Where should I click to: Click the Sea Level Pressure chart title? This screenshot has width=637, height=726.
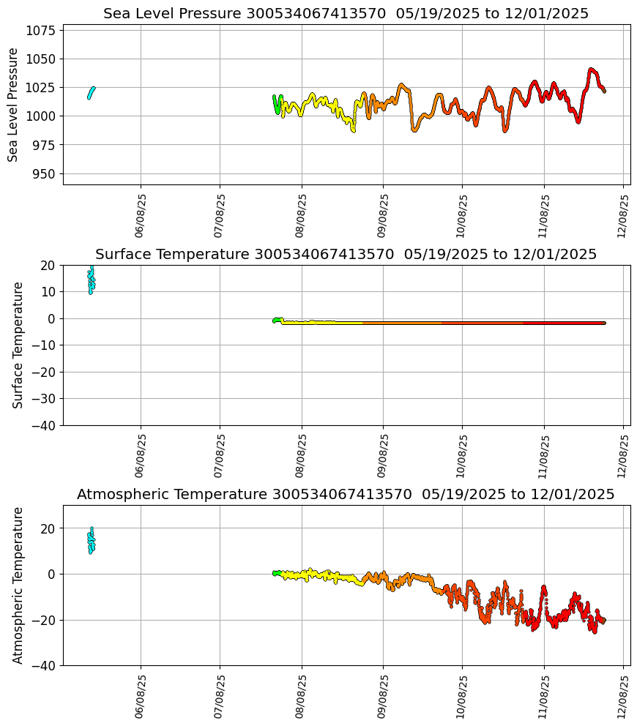(346, 14)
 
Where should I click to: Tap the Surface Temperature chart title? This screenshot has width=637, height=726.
(346, 255)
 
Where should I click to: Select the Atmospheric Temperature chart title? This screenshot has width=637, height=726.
(346, 495)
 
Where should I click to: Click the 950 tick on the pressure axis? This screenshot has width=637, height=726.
(44, 173)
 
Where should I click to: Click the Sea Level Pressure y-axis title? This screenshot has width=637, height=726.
(13, 105)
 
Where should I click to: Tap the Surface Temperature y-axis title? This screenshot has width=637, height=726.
(18, 345)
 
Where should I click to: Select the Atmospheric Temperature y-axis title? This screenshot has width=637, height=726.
(18, 585)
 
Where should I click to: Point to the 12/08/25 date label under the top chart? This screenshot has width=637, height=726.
(623, 215)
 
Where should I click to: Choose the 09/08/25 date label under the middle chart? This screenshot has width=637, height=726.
(383, 455)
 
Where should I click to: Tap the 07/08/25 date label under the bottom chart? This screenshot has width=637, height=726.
(220, 696)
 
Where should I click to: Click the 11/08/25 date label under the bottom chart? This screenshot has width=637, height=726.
(544, 696)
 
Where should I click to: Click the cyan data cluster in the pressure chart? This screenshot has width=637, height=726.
(91, 92)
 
